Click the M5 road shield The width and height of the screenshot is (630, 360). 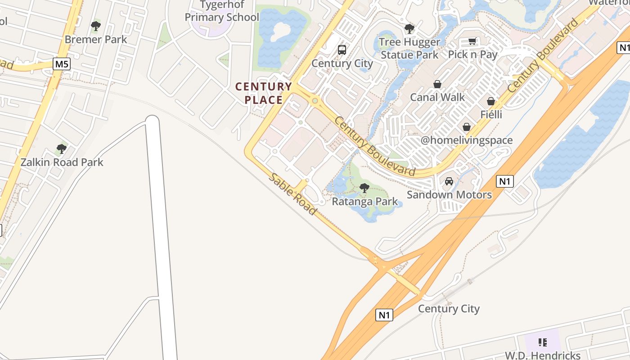click(x=62, y=64)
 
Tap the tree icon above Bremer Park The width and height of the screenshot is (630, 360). click(x=95, y=26)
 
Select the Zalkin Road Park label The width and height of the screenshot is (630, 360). click(x=62, y=162)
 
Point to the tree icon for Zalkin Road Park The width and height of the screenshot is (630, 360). click(x=62, y=148)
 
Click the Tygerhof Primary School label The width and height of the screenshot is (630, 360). click(x=222, y=11)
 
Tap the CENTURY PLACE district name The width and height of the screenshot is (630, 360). click(x=264, y=93)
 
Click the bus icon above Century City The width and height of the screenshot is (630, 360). click(x=342, y=49)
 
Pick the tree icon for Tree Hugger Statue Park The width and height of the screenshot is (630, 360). click(x=409, y=29)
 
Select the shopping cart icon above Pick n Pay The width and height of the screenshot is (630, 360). click(x=472, y=41)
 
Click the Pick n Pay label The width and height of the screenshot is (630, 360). click(x=472, y=54)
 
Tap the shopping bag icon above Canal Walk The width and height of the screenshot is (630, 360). click(x=437, y=84)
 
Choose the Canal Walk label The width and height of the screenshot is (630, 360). click(x=437, y=97)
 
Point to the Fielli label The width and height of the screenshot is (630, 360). click(x=491, y=114)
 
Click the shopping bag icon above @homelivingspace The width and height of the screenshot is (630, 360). click(x=467, y=127)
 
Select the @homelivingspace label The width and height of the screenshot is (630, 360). click(x=467, y=140)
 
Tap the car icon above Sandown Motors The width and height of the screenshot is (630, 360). click(x=449, y=181)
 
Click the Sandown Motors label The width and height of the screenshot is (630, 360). click(x=449, y=194)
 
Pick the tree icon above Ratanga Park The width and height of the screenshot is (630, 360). click(x=364, y=188)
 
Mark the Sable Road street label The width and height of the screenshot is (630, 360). click(x=292, y=193)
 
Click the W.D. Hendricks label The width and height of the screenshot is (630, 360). click(x=542, y=355)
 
